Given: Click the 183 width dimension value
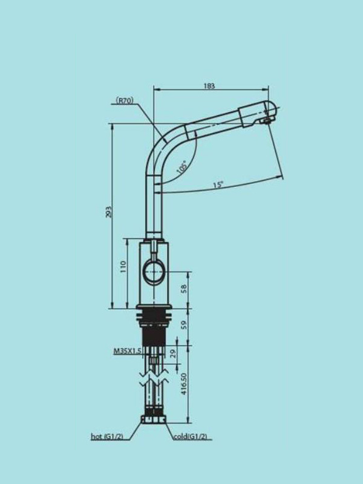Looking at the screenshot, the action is point(209,86).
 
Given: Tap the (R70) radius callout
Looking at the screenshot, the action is point(125,100).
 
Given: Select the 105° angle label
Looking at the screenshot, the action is point(182,167).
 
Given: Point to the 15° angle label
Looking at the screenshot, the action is point(218,185).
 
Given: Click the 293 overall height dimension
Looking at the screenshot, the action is point(109,212).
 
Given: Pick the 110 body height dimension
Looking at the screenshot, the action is point(123,266).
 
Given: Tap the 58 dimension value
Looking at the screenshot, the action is point(184,289).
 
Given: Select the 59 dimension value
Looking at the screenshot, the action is point(184,325).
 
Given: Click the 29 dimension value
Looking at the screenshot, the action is point(174,353).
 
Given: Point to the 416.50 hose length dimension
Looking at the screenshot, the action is point(184,384).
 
